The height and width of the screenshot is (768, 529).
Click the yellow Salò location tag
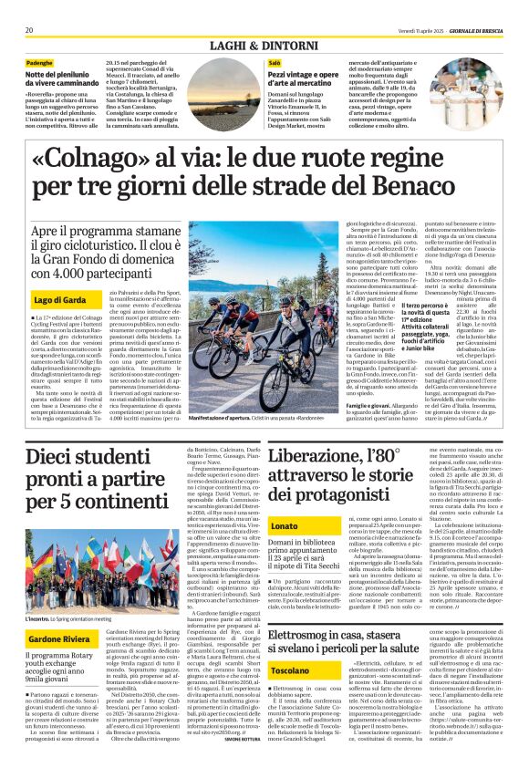pyautogui.click(x=274, y=62)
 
